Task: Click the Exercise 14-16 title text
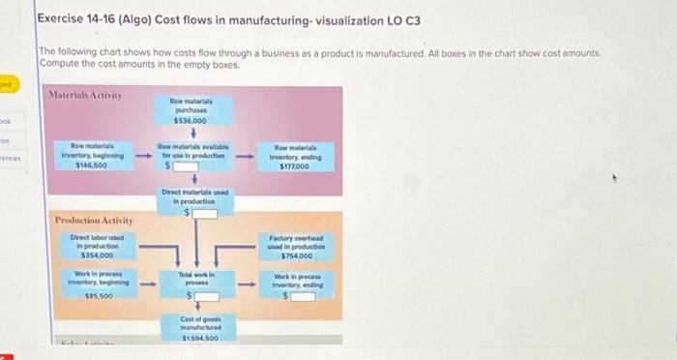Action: (229, 20)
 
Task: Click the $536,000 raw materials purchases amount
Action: (190, 122)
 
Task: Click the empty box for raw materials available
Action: (190, 166)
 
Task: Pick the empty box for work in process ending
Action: (300, 295)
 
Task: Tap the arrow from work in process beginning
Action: (142, 285)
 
